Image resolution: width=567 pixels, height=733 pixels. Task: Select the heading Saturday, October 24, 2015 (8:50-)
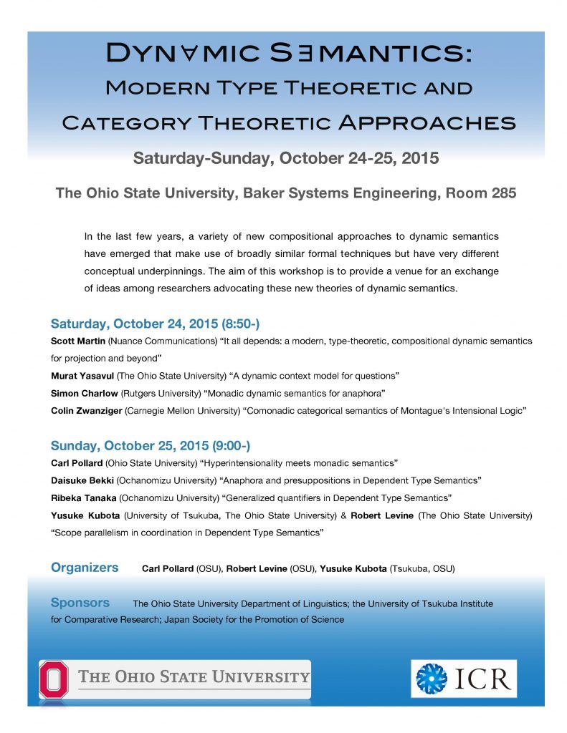point(150,323)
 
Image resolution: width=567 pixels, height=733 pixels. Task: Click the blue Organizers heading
point(85,568)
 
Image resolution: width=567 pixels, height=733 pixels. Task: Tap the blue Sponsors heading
point(80,603)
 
